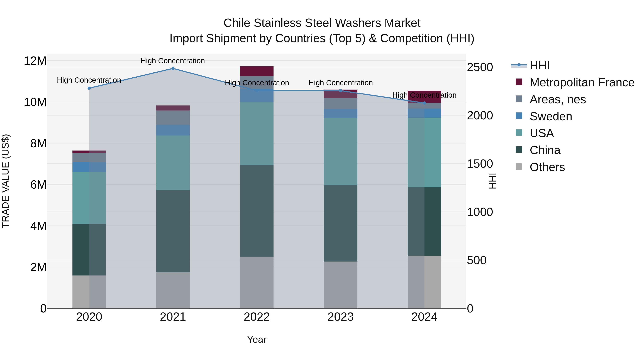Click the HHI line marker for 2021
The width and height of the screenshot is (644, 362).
tap(173, 68)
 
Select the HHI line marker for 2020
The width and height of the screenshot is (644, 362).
tap(89, 88)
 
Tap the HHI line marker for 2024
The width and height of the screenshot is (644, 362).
tap(424, 103)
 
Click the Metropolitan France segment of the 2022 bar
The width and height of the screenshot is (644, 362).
tap(257, 71)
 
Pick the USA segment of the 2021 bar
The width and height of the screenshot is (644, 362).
tap(173, 163)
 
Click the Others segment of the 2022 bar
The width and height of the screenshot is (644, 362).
tap(257, 283)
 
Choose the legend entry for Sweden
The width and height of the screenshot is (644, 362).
tap(551, 116)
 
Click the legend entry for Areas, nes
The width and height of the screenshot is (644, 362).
tap(557, 99)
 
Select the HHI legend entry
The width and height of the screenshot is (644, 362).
tap(540, 65)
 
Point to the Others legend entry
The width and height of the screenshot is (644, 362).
tap(547, 167)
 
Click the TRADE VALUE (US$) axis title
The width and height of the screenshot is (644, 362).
tap(6, 181)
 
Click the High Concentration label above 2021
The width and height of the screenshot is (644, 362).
tap(173, 61)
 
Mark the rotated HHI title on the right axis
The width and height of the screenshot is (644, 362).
tap(492, 181)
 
